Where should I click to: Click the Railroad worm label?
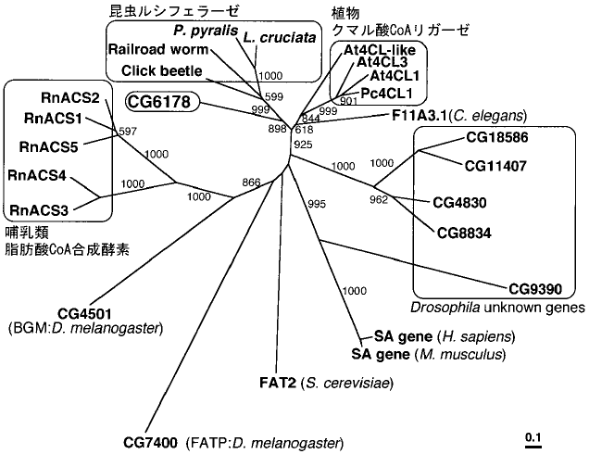click(150, 50)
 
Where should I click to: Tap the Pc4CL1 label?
click(383, 92)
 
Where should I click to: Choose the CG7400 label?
click(151, 442)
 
